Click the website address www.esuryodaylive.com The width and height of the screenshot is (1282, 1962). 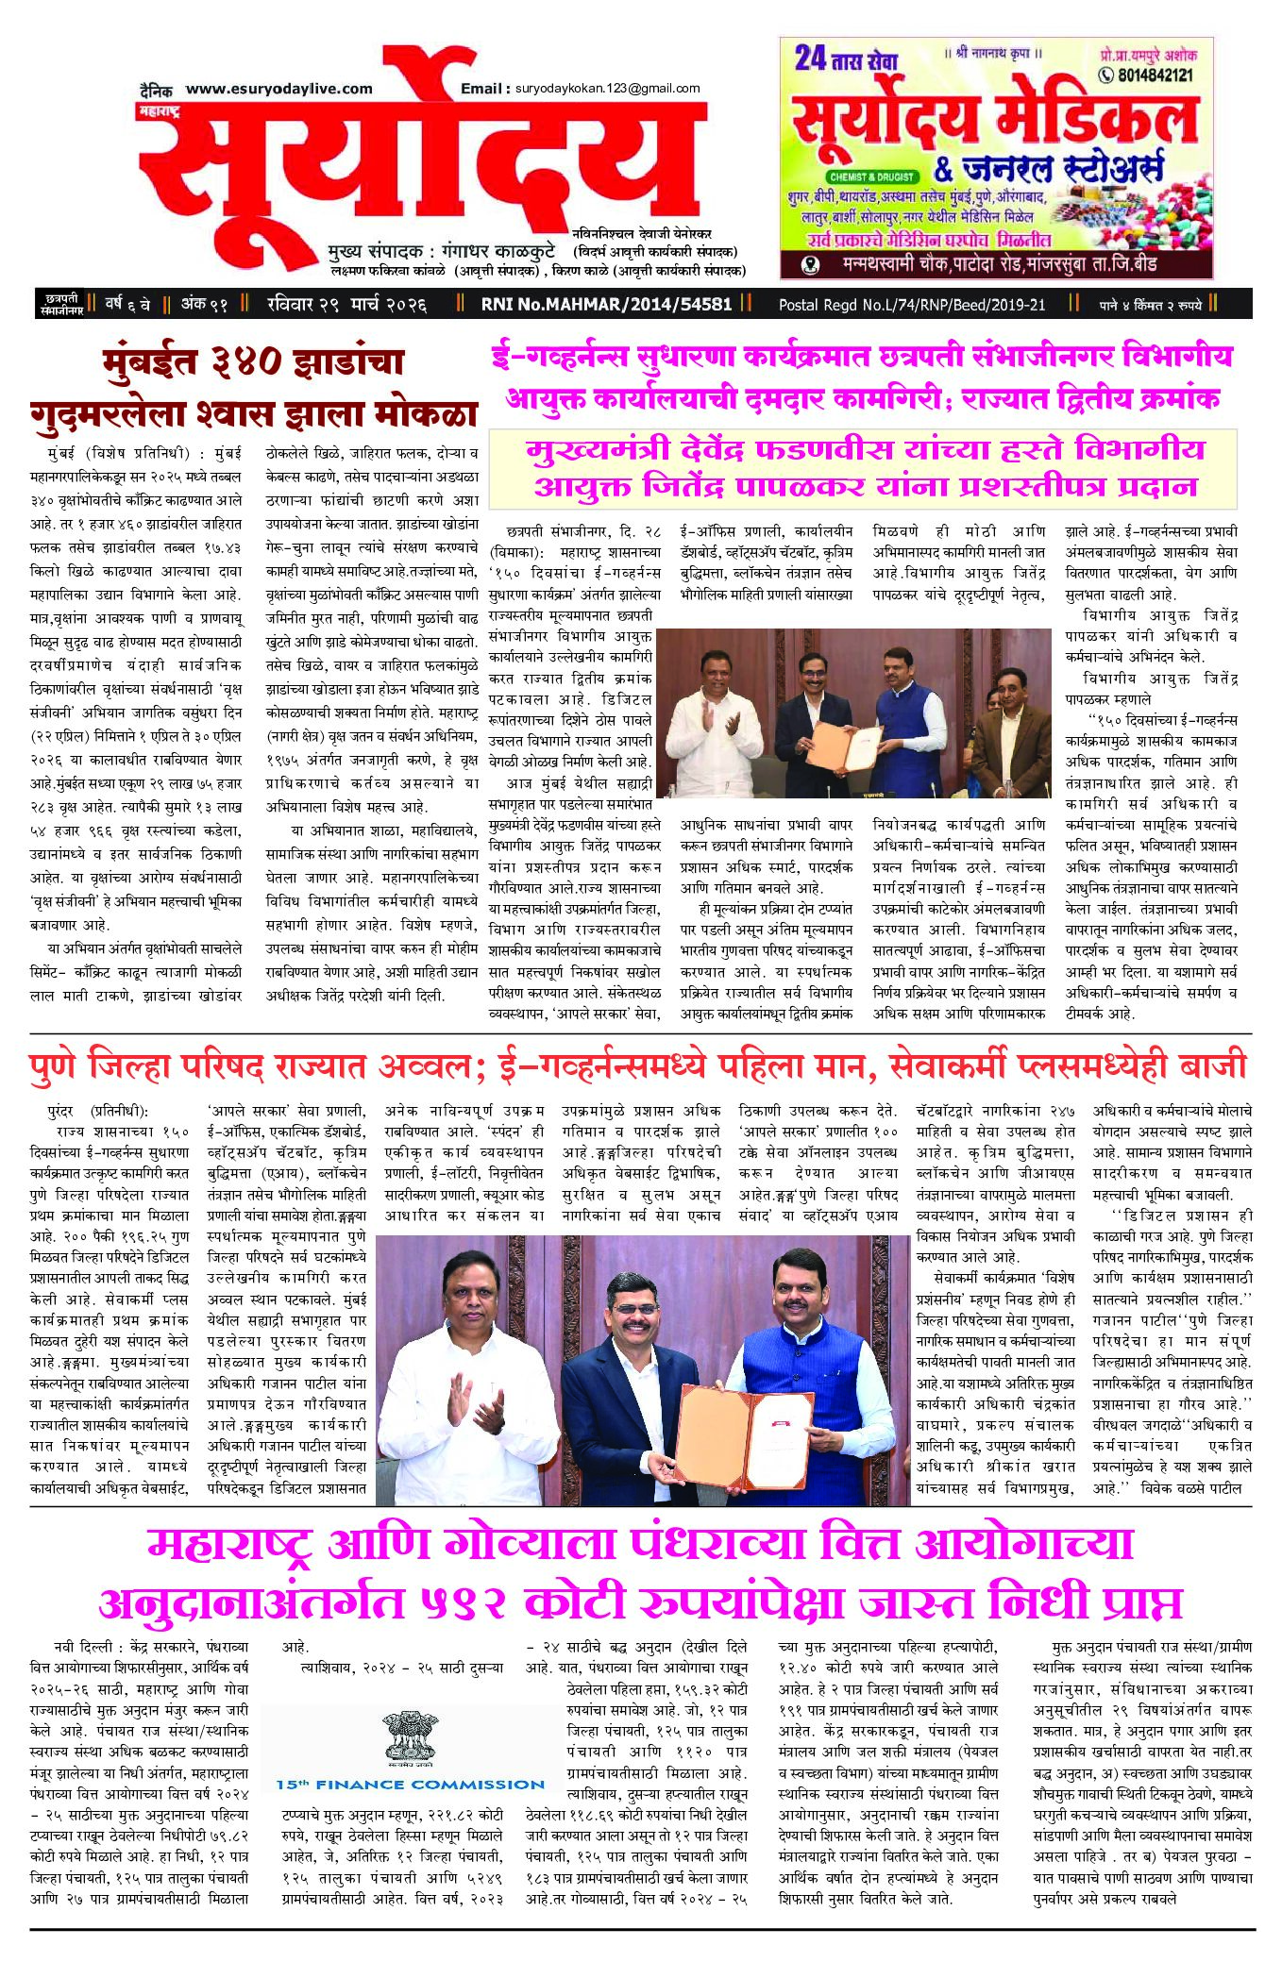click(x=278, y=89)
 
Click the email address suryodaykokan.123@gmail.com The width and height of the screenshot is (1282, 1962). click(x=607, y=89)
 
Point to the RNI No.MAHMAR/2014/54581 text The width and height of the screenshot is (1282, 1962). click(x=606, y=304)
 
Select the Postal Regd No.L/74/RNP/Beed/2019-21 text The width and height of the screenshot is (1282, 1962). click(x=911, y=304)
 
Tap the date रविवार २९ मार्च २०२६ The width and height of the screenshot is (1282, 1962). click(x=346, y=304)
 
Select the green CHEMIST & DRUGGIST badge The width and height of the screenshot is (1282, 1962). click(x=871, y=176)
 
